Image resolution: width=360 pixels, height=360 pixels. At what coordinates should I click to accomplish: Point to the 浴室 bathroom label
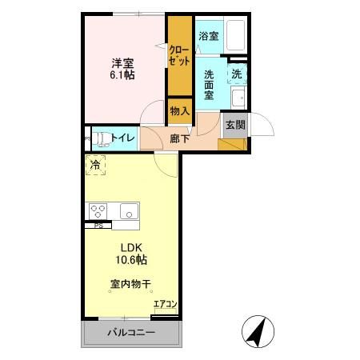click(x=208, y=36)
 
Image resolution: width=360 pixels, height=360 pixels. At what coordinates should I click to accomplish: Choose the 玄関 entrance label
click(x=234, y=125)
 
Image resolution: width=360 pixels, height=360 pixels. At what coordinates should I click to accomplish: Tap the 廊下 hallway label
click(x=180, y=138)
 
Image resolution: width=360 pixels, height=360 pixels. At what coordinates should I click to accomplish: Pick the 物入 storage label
click(x=179, y=111)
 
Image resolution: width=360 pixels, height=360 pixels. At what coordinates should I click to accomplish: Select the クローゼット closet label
click(x=179, y=55)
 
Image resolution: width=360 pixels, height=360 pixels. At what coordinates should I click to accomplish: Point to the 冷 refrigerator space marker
click(x=96, y=166)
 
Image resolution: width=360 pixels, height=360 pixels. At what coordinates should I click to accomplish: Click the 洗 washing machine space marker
click(x=237, y=74)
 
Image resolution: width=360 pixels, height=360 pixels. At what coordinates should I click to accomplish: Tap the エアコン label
click(x=165, y=304)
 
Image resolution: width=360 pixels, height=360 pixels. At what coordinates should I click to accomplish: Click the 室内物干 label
click(x=130, y=283)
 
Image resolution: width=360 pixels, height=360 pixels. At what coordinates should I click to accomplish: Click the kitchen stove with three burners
click(x=98, y=211)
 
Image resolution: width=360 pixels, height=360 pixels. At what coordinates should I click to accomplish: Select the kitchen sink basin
click(x=128, y=211)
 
